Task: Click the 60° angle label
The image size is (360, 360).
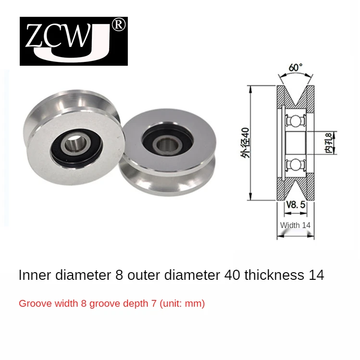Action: [x=295, y=68]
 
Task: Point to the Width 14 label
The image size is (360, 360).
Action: [x=296, y=225]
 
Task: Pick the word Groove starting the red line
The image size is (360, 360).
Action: [x=32, y=304]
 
